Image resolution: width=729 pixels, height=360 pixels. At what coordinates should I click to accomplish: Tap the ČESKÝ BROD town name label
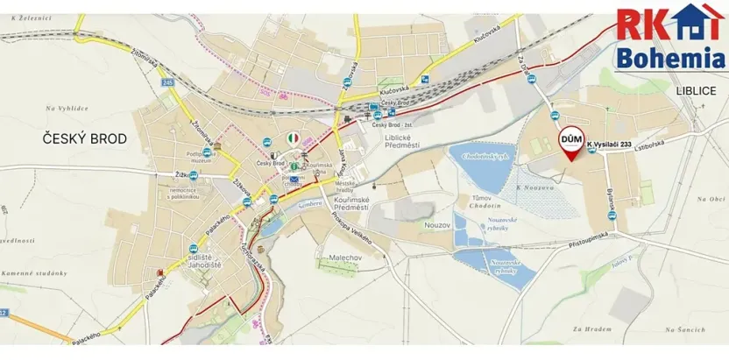[x=85, y=138]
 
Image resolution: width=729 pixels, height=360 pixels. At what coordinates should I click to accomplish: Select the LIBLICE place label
[x=696, y=90]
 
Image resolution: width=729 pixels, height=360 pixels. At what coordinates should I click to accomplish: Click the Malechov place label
[x=361, y=258]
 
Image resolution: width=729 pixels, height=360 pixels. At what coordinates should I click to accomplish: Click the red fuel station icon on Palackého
[x=159, y=272]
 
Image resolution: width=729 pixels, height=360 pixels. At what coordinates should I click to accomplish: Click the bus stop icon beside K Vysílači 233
[x=593, y=149]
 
